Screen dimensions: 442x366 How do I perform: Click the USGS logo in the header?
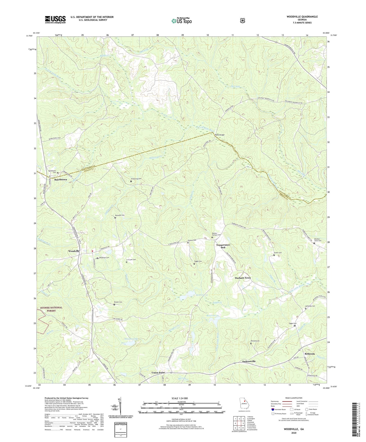click(x=55, y=19)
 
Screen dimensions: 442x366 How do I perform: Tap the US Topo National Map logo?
click(x=181, y=21)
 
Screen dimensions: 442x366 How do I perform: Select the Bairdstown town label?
click(x=61, y=179)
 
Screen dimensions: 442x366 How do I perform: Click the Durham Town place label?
click(x=243, y=278)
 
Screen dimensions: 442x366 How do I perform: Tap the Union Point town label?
click(x=158, y=373)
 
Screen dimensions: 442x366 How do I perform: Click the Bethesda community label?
click(x=310, y=354)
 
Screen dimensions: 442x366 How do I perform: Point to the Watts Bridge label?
click(x=220, y=135)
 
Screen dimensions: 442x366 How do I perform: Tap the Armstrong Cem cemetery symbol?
click(x=131, y=181)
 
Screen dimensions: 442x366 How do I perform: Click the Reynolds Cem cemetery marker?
click(x=115, y=218)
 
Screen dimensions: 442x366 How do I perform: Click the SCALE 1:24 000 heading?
click(x=180, y=398)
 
